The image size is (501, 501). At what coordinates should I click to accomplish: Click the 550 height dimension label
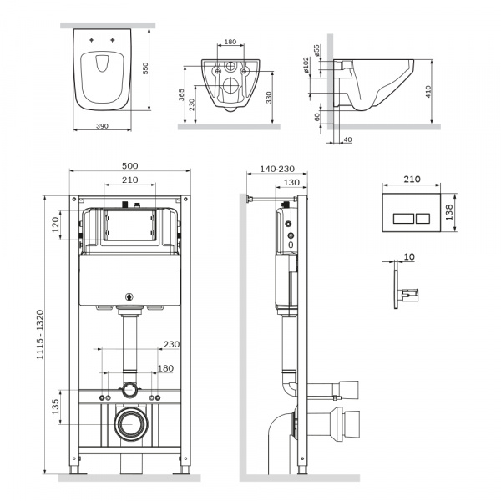coord(145,68)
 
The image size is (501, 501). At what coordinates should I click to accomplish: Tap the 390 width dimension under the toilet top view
coord(102,126)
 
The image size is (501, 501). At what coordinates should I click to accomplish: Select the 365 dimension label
coord(181,95)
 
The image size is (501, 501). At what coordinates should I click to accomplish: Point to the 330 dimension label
coord(269,98)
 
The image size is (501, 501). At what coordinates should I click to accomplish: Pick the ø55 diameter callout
coord(316,50)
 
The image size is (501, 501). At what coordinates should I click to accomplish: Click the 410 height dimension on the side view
coord(428,91)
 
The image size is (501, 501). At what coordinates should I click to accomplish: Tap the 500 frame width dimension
coord(130,166)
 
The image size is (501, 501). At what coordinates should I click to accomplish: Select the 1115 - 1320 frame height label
coord(39,335)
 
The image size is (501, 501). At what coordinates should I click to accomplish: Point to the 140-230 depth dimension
coord(277,169)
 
